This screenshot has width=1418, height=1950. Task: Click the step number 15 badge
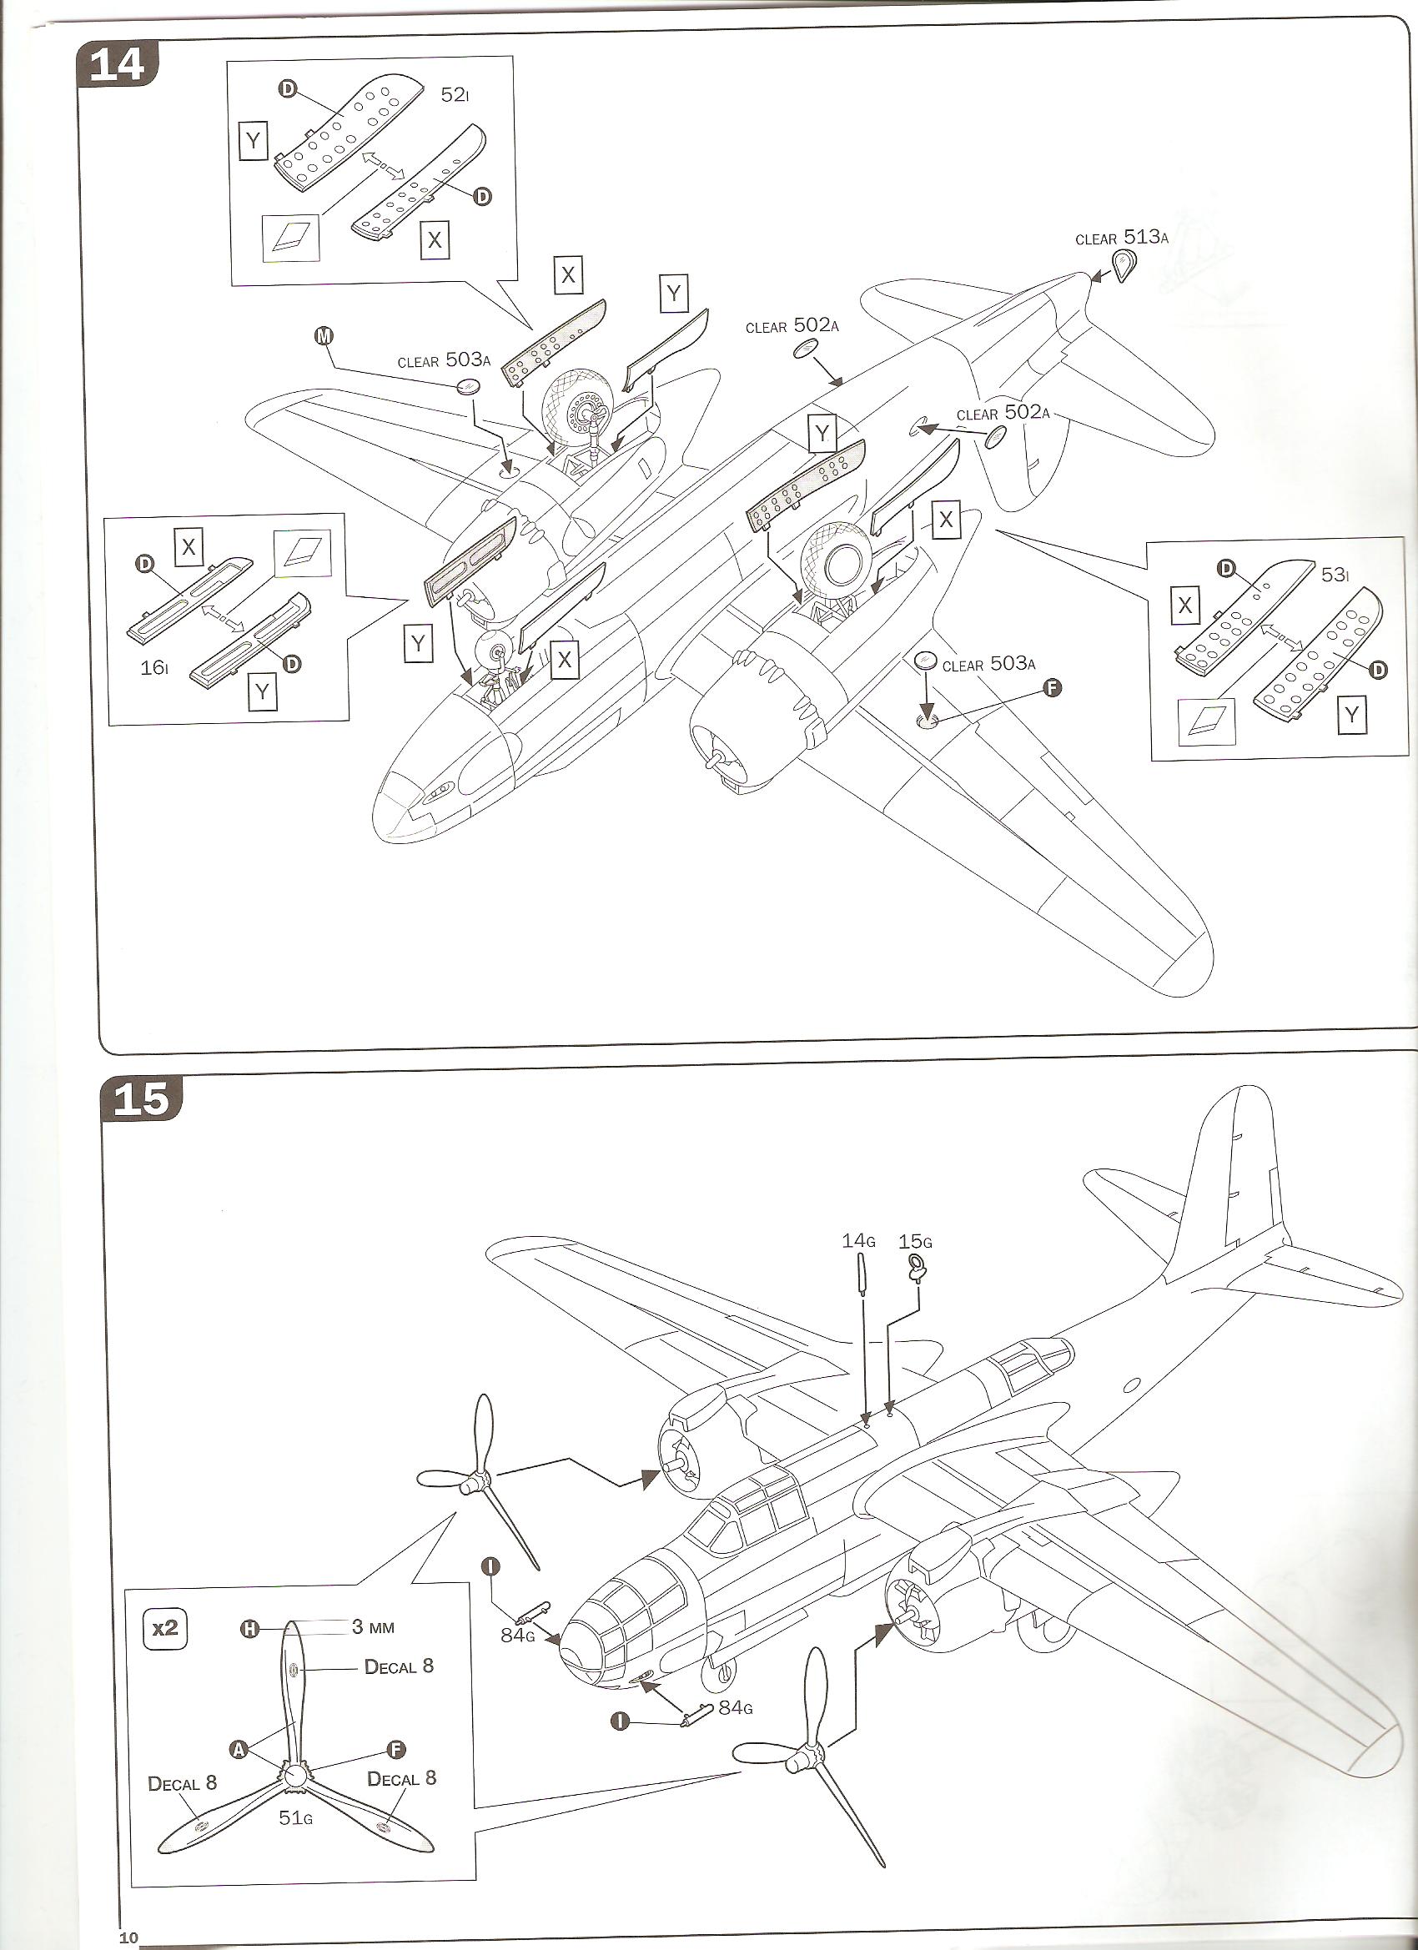(142, 1098)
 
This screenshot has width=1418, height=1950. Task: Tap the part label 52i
(455, 94)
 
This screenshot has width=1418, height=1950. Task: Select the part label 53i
(1335, 574)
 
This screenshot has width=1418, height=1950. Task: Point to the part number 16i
(154, 667)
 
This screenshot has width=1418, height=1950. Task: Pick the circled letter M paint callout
(324, 336)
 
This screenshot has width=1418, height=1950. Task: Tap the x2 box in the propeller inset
(164, 1628)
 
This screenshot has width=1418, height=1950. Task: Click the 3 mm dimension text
(373, 1626)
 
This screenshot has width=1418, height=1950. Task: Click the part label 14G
(858, 1240)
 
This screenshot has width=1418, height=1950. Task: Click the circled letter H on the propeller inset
(249, 1628)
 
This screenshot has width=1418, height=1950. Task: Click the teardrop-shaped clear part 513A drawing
(1122, 265)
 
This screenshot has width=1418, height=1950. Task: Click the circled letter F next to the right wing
(1051, 687)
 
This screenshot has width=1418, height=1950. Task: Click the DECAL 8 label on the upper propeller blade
(399, 1666)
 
